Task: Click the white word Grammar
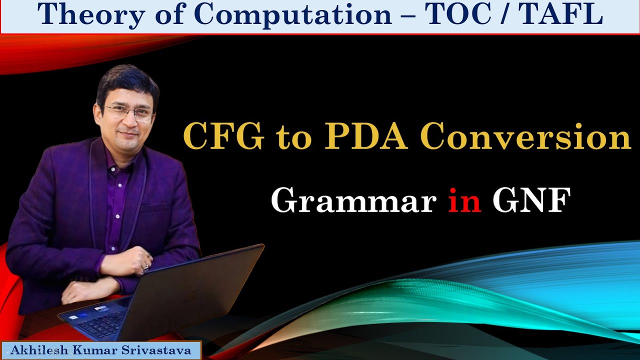coord(353,201)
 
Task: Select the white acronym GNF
coord(531,201)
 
